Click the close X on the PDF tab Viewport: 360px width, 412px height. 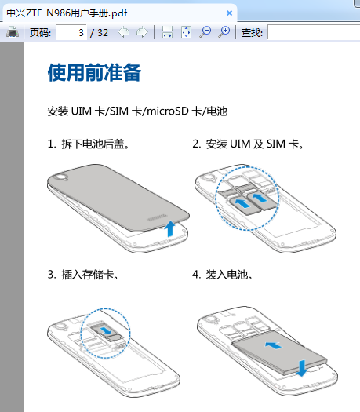[229, 13]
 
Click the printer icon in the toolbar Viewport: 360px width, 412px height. [13, 33]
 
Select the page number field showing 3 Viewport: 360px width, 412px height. [71, 33]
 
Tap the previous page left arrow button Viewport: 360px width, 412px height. [124, 32]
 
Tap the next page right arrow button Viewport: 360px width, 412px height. [142, 32]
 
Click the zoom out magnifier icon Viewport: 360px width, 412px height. [205, 32]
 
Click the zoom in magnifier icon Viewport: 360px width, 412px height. [224, 32]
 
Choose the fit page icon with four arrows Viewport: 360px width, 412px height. [186, 32]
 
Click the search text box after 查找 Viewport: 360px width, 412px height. [314, 33]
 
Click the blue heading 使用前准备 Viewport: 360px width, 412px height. [94, 72]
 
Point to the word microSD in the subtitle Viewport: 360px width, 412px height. [168, 111]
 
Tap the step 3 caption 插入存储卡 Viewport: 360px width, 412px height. [89, 275]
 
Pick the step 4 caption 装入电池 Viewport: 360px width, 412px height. [229, 275]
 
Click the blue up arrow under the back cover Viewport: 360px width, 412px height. [170, 228]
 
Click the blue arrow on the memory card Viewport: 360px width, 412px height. [107, 330]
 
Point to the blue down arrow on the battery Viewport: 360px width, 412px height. [301, 368]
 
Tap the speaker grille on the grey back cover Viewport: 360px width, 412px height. [157, 218]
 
